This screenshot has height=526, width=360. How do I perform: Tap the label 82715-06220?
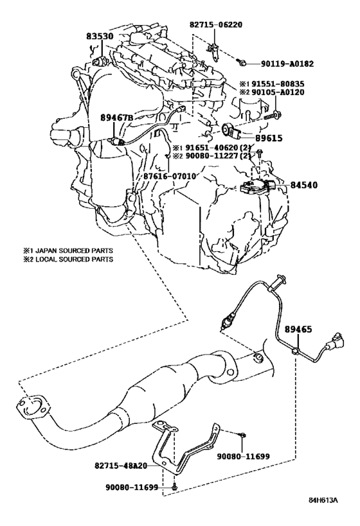[216, 25]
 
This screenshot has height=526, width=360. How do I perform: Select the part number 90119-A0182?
[287, 64]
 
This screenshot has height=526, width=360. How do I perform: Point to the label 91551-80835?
[278, 84]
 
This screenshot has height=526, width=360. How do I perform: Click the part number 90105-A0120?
[278, 92]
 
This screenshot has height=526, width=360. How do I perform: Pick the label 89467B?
[117, 118]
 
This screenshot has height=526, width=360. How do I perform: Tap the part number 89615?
[269, 138]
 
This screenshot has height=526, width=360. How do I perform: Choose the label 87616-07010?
[170, 175]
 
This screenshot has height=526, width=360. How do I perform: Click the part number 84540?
[303, 185]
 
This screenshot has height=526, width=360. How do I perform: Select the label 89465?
[298, 329]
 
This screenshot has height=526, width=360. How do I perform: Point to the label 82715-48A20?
[121, 466]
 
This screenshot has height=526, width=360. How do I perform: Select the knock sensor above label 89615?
[231, 130]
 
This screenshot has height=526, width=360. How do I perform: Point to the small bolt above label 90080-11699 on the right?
[242, 435]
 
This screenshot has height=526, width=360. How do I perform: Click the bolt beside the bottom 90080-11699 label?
[175, 486]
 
